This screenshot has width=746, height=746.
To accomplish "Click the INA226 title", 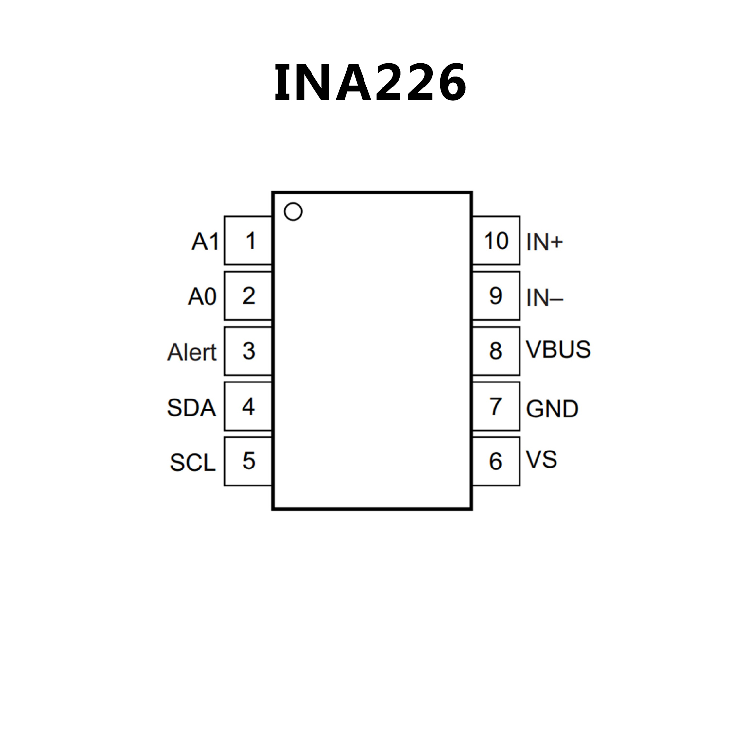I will tap(370, 83).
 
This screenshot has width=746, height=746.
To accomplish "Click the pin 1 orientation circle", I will tap(293, 211).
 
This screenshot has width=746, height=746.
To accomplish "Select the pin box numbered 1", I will tap(248, 241).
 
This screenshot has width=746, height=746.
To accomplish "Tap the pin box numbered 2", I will tap(248, 295).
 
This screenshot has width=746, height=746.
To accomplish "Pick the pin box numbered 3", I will tap(248, 351).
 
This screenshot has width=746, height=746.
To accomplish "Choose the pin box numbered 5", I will tap(248, 461).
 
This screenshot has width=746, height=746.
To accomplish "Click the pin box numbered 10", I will tap(496, 241).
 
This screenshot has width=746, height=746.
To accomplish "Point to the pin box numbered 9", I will tap(496, 295).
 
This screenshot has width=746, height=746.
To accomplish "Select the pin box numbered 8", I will tap(496, 351).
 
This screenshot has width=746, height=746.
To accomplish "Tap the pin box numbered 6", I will tap(496, 461).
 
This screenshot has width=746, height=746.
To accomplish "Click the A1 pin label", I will tap(206, 242).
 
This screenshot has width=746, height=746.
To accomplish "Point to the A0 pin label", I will tap(202, 296).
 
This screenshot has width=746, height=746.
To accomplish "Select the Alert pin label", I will tap(192, 352).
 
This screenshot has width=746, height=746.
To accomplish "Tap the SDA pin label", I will tap(191, 407).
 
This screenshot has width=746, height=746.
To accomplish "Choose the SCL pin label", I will tap(192, 462).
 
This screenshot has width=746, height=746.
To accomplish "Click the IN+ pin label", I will tap(544, 242).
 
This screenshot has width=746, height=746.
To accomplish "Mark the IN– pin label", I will tap(544, 297).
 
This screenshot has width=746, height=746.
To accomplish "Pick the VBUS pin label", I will tap(558, 349).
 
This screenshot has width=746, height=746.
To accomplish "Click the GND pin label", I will tap(552, 409).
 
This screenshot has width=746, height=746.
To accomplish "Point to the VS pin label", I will tap(541, 459).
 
